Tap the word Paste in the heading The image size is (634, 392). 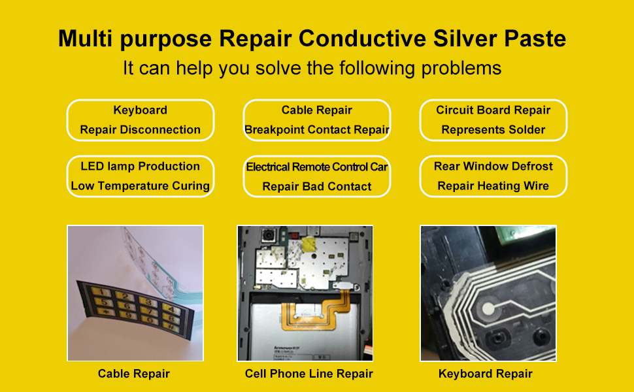tap(534, 39)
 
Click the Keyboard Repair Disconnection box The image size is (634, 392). tap(141, 120)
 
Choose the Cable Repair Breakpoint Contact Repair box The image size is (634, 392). tap(317, 120)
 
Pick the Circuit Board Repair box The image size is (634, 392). tap(493, 120)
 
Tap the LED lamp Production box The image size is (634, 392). tap(141, 176)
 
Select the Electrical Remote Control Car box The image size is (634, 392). tap(317, 176)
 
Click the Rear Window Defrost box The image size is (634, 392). tap(493, 176)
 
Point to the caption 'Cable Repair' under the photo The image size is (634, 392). tap(134, 374)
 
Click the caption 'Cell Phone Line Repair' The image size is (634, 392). tap(309, 374)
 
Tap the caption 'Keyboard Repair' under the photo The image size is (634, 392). tap(486, 374)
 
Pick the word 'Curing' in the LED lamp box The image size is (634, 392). tap(191, 186)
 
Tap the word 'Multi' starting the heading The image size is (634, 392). tap(82, 39)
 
